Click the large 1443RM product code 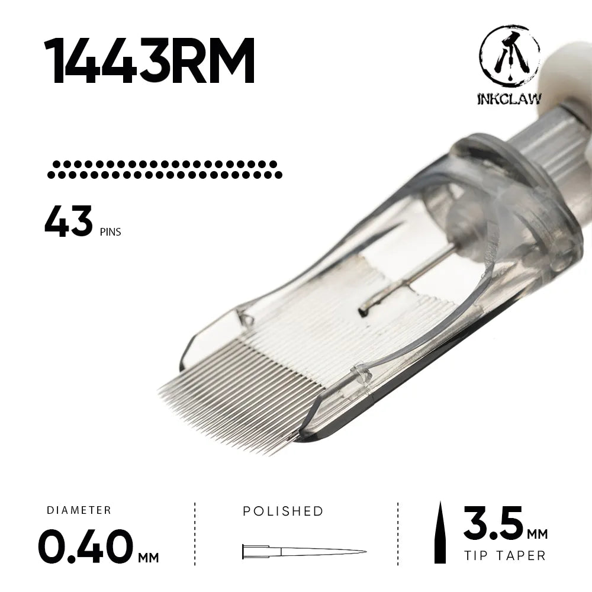click(x=150, y=61)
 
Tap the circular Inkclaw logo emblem click(x=509, y=56)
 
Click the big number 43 click(x=68, y=221)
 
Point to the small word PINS click(x=111, y=231)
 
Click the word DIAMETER click(x=79, y=510)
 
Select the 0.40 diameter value click(x=86, y=546)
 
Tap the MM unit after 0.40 click(x=149, y=557)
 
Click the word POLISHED click(x=283, y=511)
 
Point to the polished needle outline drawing click(x=304, y=552)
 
